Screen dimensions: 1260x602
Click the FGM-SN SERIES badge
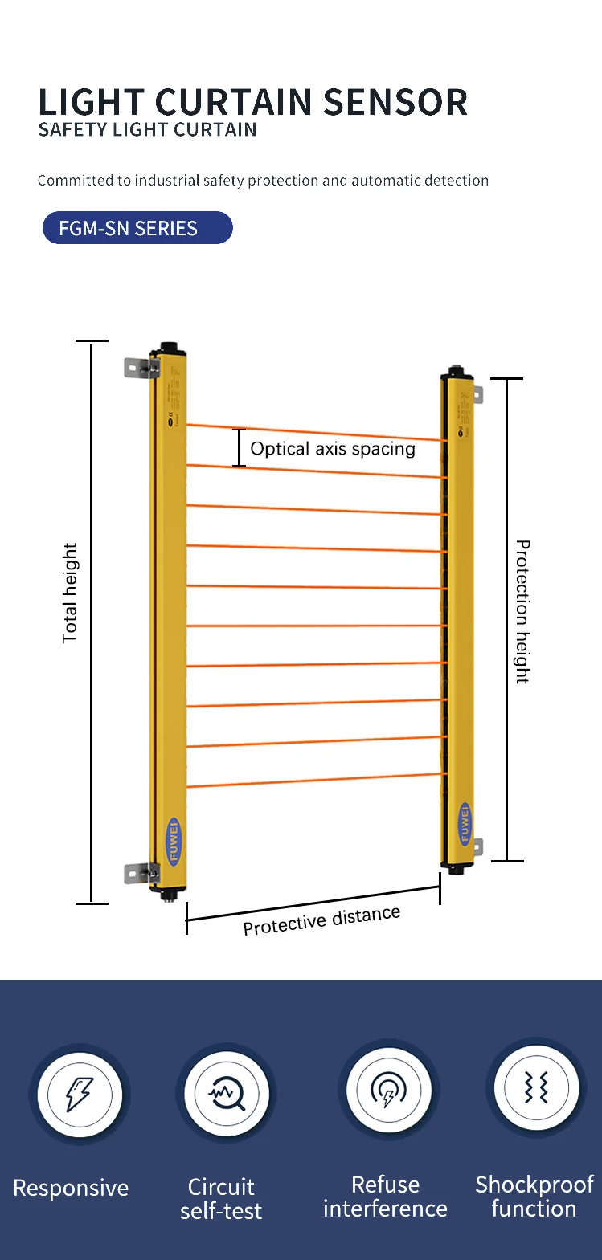tap(137, 228)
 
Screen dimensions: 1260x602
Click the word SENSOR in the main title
tap(395, 103)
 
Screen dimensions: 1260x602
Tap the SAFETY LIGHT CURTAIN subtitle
tap(147, 130)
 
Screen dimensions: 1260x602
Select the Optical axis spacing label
tap(333, 449)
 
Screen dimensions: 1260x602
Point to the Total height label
tap(70, 593)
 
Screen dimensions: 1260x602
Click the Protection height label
tap(522, 611)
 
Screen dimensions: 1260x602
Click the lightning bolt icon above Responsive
tap(79, 1094)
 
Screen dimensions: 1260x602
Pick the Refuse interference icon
tap(389, 1090)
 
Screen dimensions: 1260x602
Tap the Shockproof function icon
tap(536, 1088)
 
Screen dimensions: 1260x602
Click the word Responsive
tap(71, 1189)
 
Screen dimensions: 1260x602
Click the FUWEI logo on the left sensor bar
tap(174, 841)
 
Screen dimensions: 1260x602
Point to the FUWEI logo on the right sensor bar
tap(464, 823)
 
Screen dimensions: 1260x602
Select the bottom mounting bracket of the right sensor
tap(477, 846)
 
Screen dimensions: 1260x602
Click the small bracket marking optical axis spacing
tap(239, 448)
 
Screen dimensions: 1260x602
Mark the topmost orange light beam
tap(313, 432)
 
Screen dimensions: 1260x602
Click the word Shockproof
tap(534, 1185)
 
